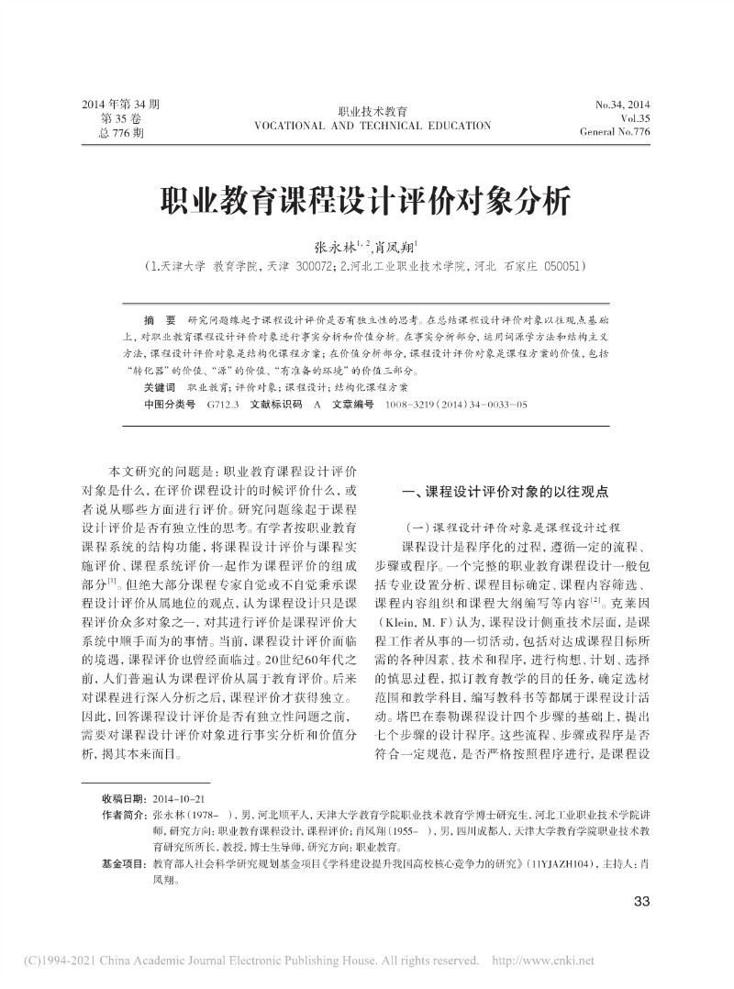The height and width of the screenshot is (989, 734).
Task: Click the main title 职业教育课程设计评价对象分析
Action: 366,200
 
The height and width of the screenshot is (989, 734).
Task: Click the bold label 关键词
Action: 159,388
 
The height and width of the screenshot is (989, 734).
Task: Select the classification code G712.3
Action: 223,404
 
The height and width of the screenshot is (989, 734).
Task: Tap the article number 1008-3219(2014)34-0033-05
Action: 456,404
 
